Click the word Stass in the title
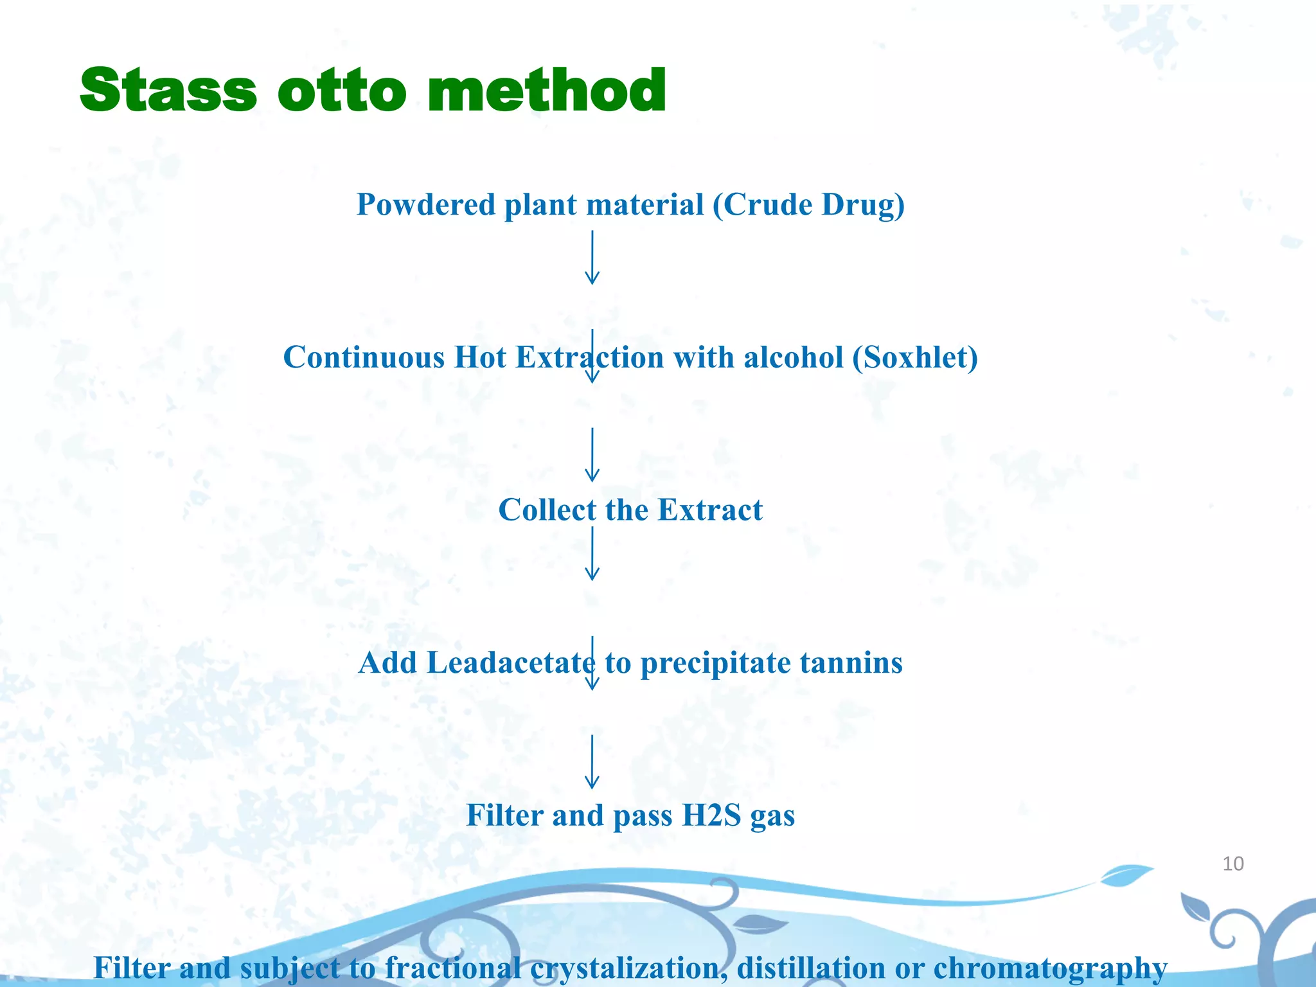(x=168, y=91)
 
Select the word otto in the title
(x=342, y=91)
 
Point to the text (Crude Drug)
(x=808, y=205)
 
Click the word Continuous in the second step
(x=364, y=357)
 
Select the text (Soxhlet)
(x=915, y=357)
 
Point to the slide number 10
(x=1232, y=864)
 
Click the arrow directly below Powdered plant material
(x=592, y=258)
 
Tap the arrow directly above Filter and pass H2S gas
(x=592, y=762)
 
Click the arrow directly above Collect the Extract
(x=592, y=455)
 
